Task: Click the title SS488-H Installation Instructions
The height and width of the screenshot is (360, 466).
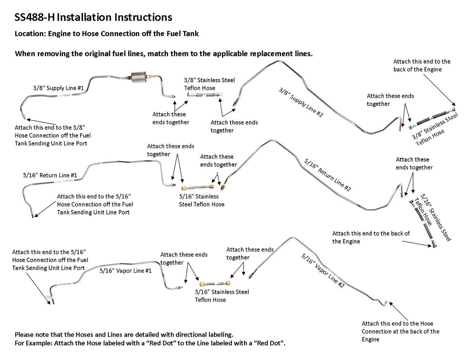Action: pyautogui.click(x=93, y=17)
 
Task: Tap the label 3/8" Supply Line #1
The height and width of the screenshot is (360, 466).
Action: pyautogui.click(x=58, y=88)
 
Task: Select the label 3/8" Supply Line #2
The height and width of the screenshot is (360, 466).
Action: pyautogui.click(x=301, y=102)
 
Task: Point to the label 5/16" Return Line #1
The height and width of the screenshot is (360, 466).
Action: pyautogui.click(x=50, y=175)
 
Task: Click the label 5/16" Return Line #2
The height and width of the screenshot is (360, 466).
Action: pyautogui.click(x=327, y=174)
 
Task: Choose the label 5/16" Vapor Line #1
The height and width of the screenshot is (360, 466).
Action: pyautogui.click(x=126, y=270)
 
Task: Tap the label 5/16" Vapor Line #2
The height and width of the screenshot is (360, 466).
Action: pyautogui.click(x=323, y=271)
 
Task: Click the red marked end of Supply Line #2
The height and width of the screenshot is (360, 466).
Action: pyautogui.click(x=401, y=125)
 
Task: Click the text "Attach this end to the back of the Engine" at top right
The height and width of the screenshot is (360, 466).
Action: pyautogui.click(x=422, y=66)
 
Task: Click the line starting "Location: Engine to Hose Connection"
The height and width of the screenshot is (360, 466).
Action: pyautogui.click(x=107, y=34)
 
